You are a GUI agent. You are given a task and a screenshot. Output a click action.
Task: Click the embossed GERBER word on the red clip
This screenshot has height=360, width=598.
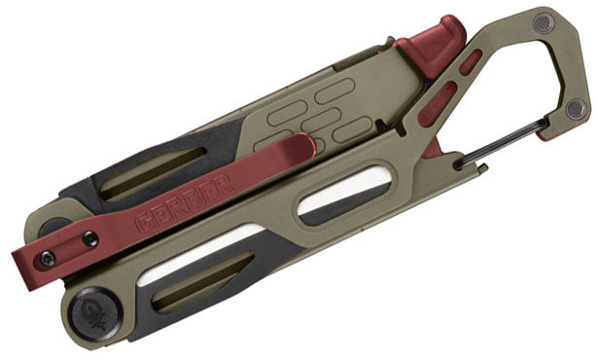[185, 203]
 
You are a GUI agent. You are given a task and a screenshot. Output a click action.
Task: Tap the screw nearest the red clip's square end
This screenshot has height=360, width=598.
[48, 259]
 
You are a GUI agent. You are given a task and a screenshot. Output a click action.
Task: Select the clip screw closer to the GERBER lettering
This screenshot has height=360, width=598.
[90, 239]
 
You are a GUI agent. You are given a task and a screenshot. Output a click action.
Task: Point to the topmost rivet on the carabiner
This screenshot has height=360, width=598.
[544, 23]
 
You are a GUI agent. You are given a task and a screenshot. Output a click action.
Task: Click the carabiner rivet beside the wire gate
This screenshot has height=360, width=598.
[576, 109]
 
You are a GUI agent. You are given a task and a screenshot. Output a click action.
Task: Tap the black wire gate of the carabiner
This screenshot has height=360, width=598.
[500, 144]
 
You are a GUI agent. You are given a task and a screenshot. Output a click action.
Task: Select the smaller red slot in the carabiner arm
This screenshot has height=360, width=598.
[471, 62]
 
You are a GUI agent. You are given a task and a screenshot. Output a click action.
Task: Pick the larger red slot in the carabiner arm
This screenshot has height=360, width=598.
[438, 103]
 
